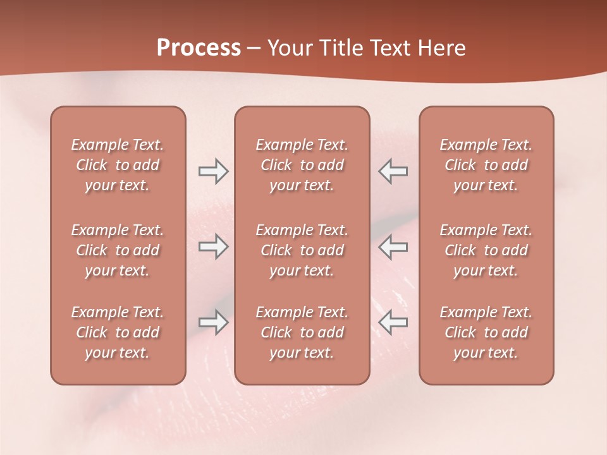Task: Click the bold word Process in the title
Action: click(199, 48)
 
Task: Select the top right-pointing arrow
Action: click(213, 171)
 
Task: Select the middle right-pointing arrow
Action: click(213, 246)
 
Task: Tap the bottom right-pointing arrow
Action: click(213, 322)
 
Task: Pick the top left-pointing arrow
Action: click(393, 171)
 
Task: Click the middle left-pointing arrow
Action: click(393, 246)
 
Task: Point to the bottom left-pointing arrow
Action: click(393, 322)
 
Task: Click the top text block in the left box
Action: click(118, 165)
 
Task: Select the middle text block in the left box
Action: click(118, 250)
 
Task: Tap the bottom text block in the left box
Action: click(118, 332)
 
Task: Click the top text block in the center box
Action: click(302, 165)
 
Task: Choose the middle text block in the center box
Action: click(302, 250)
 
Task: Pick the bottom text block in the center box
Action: click(302, 332)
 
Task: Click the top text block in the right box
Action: click(486, 165)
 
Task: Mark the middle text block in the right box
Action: click(486, 250)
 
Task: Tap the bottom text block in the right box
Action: click(486, 332)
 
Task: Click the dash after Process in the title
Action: click(254, 49)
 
